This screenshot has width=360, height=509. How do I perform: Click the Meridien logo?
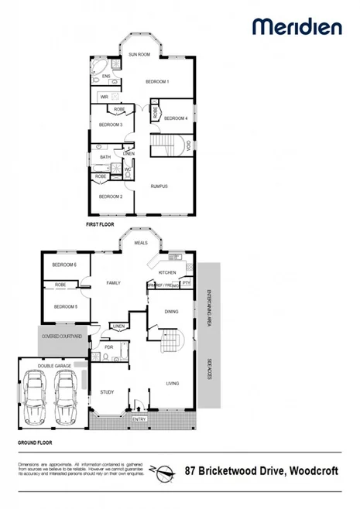[297, 27]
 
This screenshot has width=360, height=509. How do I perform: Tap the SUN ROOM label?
[139, 55]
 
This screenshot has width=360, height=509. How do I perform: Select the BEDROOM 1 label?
[158, 81]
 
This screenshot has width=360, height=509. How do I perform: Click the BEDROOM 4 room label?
[177, 118]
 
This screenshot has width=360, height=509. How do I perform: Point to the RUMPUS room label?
[159, 186]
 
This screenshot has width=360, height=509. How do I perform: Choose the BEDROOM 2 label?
[111, 197]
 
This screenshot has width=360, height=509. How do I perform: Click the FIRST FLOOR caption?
[101, 224]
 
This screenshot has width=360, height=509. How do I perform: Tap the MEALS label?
[141, 243]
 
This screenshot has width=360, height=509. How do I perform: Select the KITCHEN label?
[168, 273]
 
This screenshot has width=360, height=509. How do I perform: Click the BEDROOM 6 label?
[64, 265]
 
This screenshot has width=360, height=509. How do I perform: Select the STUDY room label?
[107, 392]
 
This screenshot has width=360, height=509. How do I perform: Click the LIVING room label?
[173, 383]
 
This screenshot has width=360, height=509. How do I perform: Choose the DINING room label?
[173, 312]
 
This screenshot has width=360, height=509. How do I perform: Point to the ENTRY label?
[139, 419]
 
